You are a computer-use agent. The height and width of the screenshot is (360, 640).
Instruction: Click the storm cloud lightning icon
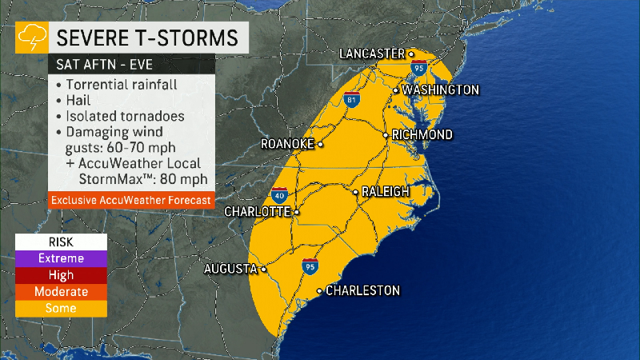click(x=32, y=37)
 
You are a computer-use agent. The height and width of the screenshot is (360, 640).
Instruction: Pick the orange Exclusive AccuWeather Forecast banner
click(x=131, y=199)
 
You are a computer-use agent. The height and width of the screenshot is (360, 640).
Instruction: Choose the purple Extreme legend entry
click(x=61, y=258)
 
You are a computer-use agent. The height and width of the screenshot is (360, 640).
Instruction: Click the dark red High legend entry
click(x=61, y=275)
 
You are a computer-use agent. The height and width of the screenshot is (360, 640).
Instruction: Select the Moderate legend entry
click(x=61, y=292)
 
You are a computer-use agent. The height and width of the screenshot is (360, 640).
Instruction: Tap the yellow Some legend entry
click(x=61, y=308)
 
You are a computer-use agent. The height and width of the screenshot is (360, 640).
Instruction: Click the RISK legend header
click(x=61, y=242)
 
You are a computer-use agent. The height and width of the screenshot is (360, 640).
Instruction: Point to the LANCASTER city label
click(x=372, y=54)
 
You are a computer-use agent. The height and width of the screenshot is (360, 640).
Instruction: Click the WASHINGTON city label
click(x=440, y=90)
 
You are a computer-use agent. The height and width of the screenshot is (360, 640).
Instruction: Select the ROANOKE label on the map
click(x=287, y=145)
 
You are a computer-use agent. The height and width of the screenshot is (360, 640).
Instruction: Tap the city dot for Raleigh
click(x=356, y=192)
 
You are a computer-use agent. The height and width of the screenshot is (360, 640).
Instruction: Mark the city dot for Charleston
click(x=320, y=290)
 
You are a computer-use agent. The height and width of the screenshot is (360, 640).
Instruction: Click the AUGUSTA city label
click(x=230, y=268)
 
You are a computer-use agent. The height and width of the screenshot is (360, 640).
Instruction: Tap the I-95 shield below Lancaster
click(x=418, y=70)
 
